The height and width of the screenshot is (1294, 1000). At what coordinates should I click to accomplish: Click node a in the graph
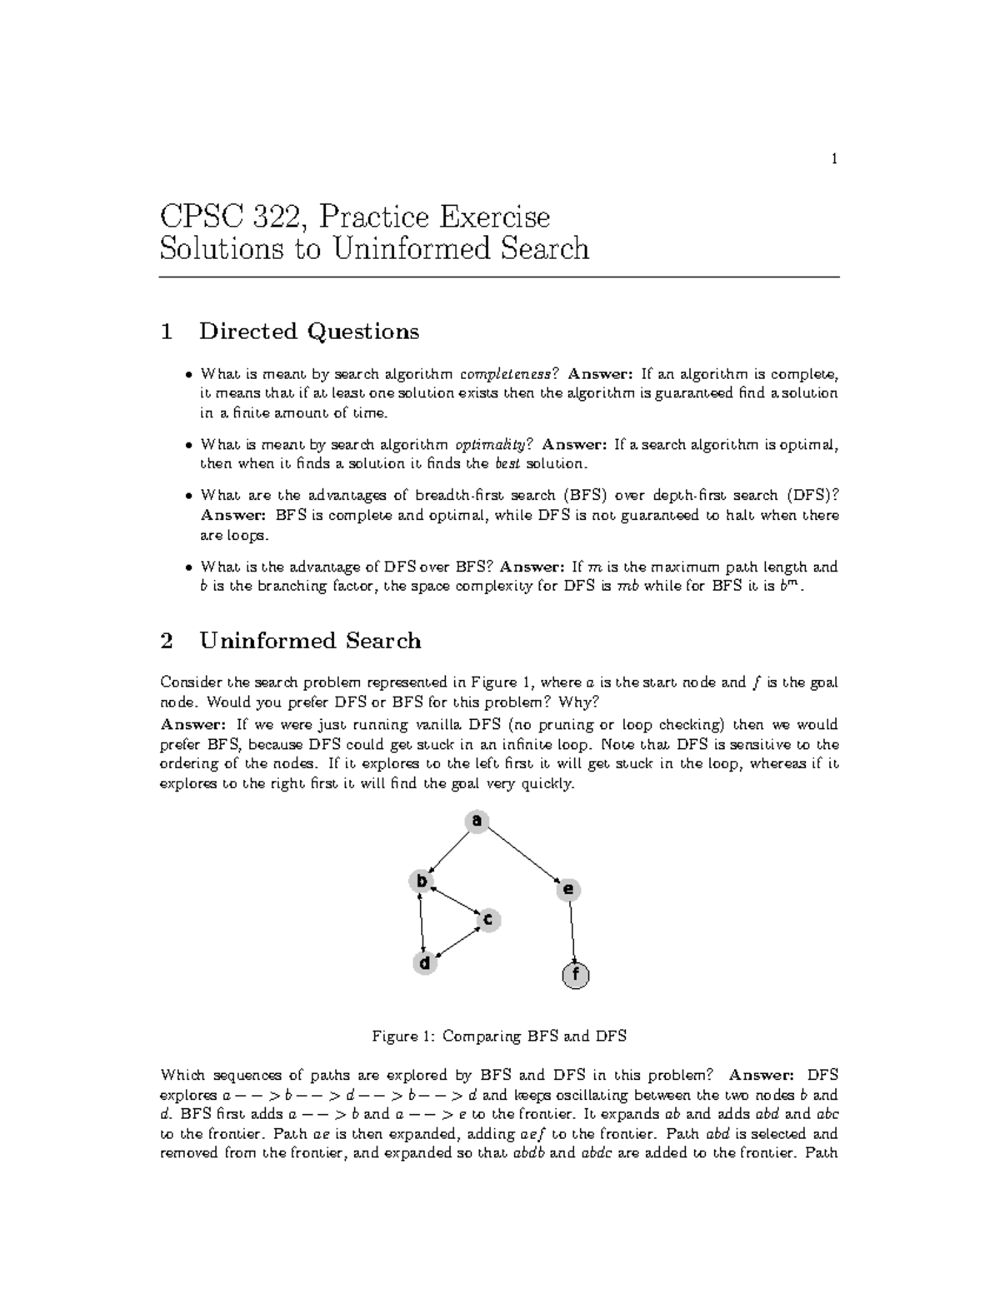[477, 821]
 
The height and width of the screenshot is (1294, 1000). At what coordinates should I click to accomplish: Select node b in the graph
[422, 881]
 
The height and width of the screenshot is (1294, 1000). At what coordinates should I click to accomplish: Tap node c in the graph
[488, 920]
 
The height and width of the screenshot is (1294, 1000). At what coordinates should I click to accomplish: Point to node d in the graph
[425, 963]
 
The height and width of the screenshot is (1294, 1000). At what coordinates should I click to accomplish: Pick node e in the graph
[568, 890]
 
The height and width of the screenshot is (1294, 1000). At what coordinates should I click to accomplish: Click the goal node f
[576, 975]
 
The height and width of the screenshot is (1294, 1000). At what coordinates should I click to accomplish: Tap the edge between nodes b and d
[423, 922]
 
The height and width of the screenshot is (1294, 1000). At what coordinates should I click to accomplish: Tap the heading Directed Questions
[308, 332]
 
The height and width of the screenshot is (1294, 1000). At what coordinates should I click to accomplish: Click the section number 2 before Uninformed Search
[167, 641]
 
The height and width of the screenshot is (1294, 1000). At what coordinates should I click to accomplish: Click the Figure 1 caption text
[498, 1037]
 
